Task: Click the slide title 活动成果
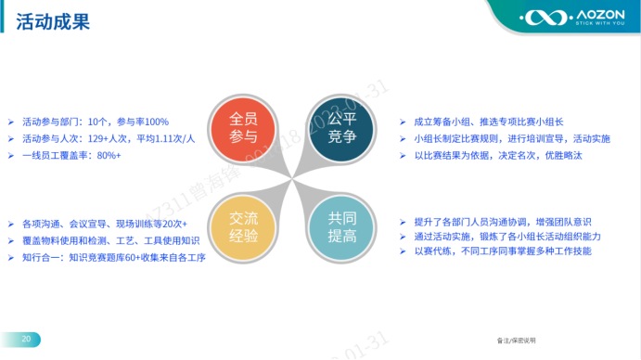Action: coord(53,21)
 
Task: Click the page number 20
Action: coord(26,340)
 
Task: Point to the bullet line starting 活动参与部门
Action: coord(95,122)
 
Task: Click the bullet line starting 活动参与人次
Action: coord(108,139)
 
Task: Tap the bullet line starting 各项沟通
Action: coord(104,225)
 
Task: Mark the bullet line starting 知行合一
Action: coord(112,257)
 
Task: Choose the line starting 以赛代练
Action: coord(502,252)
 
